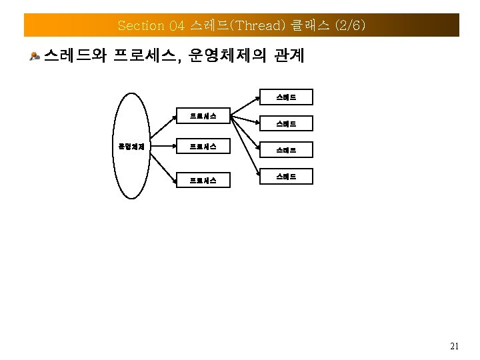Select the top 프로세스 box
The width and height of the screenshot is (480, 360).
click(x=202, y=116)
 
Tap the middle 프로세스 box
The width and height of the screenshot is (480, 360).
click(x=202, y=146)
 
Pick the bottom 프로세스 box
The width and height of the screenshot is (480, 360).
click(x=202, y=179)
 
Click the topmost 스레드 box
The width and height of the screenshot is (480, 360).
click(x=285, y=98)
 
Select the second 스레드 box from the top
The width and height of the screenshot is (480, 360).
click(x=285, y=123)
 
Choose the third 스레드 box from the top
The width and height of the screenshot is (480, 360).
click(x=285, y=151)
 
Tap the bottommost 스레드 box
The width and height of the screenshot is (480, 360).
click(x=285, y=177)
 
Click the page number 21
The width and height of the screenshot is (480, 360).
click(x=455, y=346)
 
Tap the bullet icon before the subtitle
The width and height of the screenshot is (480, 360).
click(x=35, y=56)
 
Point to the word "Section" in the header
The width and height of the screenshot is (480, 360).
click(x=141, y=25)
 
